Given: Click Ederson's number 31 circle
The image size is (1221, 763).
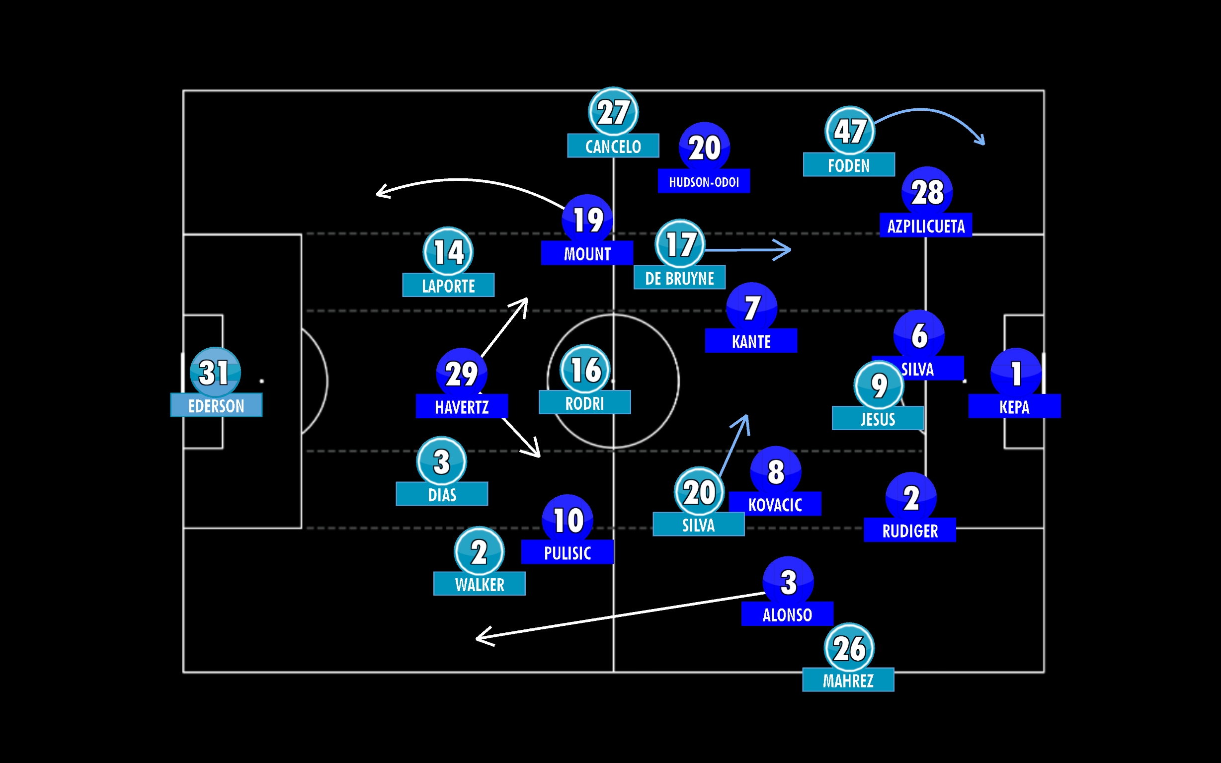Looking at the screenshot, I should tap(215, 373).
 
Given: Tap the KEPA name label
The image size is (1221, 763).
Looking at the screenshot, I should tap(1014, 406).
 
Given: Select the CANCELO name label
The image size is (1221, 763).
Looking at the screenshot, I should tap(613, 146).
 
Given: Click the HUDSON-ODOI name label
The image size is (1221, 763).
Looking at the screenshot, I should tap(704, 181).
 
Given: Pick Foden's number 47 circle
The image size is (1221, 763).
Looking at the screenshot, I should tap(849, 131).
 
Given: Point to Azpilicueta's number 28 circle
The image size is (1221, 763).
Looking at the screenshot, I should tap(927, 192).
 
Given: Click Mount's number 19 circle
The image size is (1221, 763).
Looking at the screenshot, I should tap(587, 220).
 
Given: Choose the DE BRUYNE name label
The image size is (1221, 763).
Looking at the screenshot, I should tap(679, 278).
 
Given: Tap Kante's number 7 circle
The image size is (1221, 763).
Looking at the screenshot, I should tap(751, 307).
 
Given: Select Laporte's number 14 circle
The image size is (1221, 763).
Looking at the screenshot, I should tap(448, 252).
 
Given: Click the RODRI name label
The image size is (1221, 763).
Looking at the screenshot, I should tap(584, 403).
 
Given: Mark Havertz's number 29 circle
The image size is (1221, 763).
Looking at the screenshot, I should tap(461, 374).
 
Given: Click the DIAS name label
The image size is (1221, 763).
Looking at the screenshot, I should tap(442, 494).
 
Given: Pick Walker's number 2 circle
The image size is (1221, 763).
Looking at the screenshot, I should tap(479, 551).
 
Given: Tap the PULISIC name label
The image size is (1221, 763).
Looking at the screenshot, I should tap(568, 552).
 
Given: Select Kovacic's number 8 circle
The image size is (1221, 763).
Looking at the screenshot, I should tap(775, 471).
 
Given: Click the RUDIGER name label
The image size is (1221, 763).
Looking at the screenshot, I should tap(909, 531).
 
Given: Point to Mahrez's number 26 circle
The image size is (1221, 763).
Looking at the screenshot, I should tap(849, 648).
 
